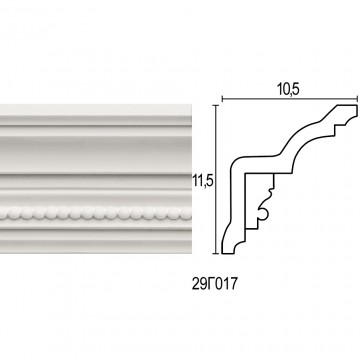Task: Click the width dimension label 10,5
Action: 288,89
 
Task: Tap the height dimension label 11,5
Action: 203,181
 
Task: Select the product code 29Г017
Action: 214,284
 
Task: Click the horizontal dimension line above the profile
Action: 290,99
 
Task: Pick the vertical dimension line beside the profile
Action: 217,179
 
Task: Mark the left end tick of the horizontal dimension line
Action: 222,99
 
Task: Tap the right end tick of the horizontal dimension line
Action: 357,99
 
